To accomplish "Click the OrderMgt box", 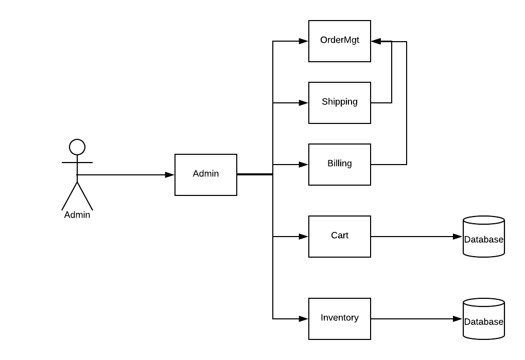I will [340, 41].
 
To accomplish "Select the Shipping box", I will [340, 103].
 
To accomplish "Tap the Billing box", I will [340, 165].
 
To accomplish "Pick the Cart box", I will [340, 237].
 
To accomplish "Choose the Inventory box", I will [340, 319].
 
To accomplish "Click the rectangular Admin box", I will [206, 175].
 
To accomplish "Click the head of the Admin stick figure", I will [77, 147].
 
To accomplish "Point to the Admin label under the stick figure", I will [77, 215].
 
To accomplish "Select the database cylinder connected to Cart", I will [484, 237].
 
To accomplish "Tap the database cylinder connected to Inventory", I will [484, 319].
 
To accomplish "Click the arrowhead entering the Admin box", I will [170, 175].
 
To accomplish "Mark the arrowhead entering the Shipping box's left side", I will [304, 103].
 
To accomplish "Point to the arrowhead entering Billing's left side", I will [304, 165].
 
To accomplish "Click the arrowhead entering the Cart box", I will [304, 237].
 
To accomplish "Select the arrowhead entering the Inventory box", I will [304, 319].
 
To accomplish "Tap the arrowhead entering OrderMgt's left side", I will [304, 41].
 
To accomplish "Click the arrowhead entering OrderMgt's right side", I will [376, 41].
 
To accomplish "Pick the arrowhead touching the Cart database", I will [458, 237].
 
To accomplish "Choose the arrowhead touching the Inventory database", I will [458, 319].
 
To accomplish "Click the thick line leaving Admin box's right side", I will [255, 174].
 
